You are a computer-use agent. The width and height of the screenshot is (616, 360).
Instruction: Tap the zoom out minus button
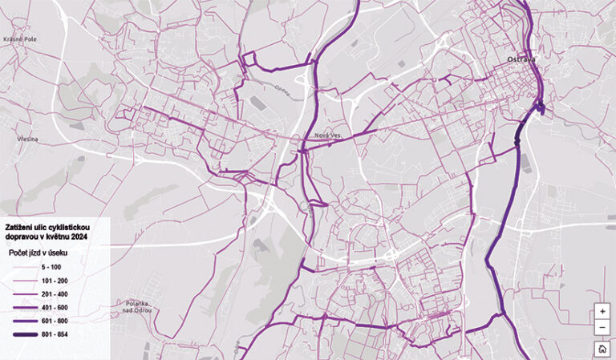click(x=602, y=328)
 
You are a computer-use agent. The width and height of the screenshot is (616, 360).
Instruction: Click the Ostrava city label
click(x=521, y=60)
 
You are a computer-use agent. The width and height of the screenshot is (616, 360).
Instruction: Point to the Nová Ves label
click(x=329, y=136)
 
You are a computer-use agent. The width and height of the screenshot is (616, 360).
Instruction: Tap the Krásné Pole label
click(x=17, y=38)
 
